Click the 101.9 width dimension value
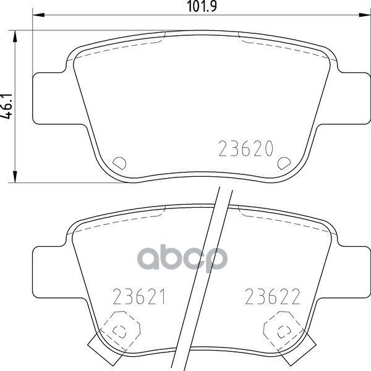tap(202, 6)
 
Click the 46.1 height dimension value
tap(6, 106)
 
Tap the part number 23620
tap(246, 148)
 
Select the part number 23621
tap(139, 296)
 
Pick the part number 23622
tap(273, 296)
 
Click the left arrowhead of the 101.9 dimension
tap(38, 15)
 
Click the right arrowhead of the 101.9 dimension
tap(365, 15)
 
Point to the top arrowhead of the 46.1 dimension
tap(15, 36)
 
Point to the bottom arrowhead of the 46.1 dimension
tap(15, 176)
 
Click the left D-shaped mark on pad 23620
tap(119, 163)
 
